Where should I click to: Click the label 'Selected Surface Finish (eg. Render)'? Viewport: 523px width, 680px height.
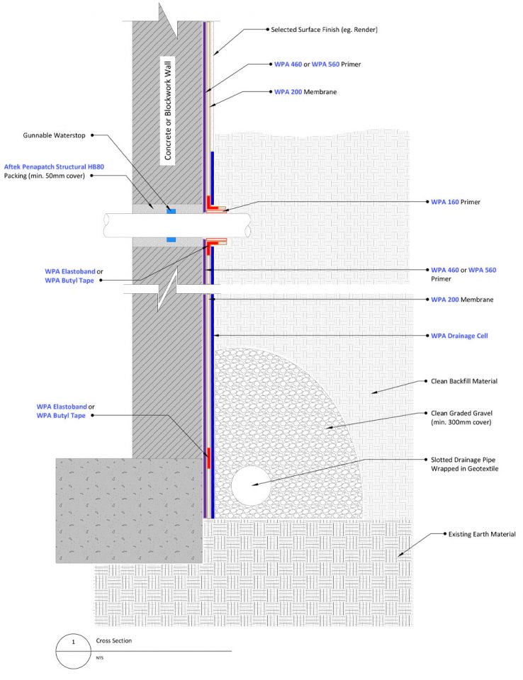325,30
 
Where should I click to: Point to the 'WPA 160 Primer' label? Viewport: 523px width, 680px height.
455,202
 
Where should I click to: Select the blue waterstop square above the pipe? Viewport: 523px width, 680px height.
171,210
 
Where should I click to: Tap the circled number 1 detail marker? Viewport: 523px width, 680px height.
74,650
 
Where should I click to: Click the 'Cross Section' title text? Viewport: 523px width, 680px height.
113,640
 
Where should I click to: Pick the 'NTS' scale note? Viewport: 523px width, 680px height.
100,657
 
